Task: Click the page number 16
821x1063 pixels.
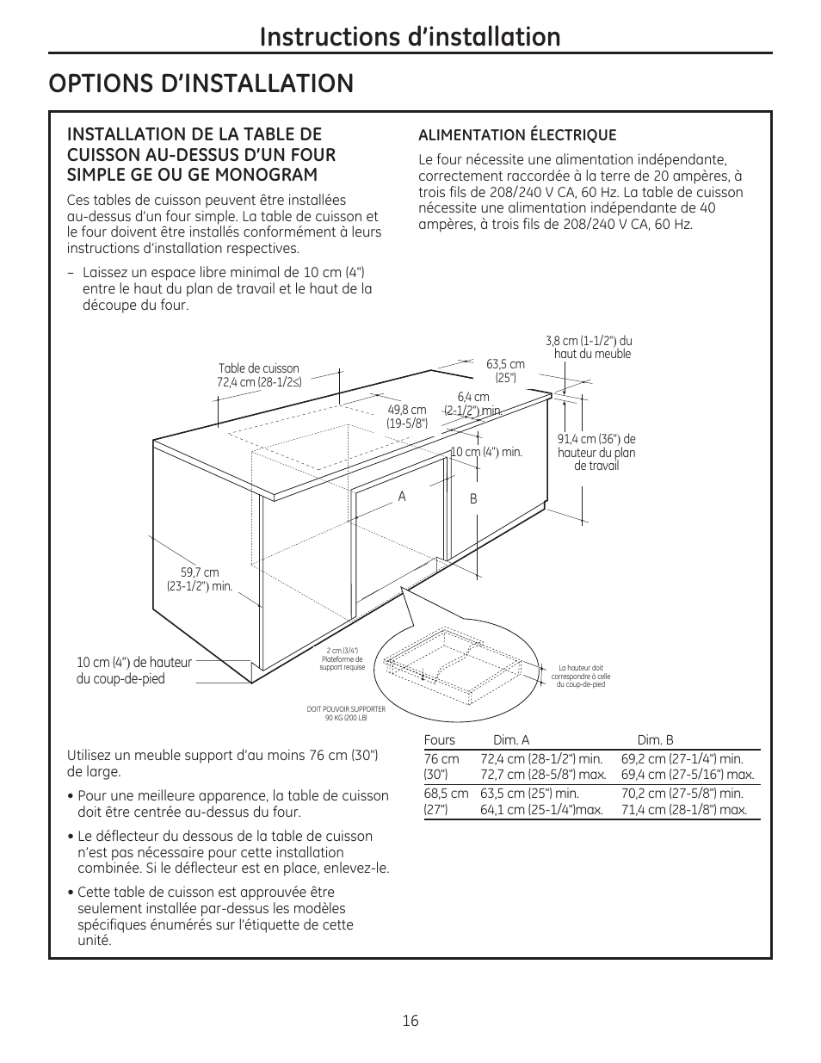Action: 410,1021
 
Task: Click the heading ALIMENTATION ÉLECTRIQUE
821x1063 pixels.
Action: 517,135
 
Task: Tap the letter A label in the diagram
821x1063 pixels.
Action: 401,497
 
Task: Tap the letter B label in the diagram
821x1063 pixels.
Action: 472,499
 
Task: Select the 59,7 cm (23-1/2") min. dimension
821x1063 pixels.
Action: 200,579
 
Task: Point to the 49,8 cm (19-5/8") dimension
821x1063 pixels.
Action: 407,417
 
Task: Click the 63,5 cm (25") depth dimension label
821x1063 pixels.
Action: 505,370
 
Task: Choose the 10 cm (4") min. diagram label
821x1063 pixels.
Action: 487,452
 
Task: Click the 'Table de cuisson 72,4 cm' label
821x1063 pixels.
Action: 259,375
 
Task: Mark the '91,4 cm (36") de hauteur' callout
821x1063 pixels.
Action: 596,452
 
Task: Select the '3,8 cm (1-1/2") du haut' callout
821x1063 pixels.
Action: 590,348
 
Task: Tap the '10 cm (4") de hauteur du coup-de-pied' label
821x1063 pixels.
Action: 134,671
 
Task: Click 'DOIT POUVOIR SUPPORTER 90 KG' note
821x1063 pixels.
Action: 346,713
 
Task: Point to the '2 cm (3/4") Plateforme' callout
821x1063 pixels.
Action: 343,658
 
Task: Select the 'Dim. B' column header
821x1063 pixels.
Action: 655,740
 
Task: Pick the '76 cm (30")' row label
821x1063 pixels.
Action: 441,766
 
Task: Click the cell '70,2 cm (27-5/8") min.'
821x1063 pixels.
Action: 682,794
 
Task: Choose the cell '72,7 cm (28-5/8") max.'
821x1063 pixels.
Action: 542,775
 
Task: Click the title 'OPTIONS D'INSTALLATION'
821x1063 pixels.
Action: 201,83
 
